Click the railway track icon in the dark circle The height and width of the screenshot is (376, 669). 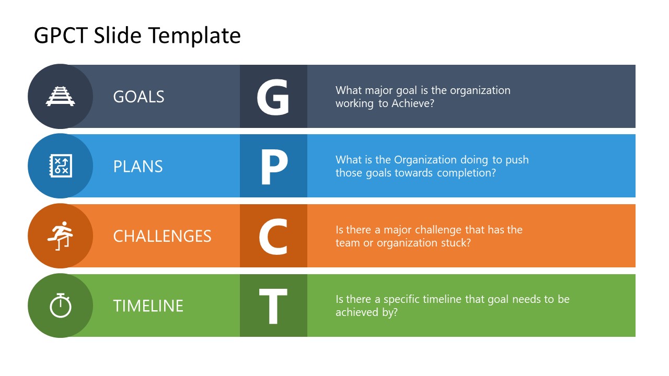(x=61, y=96)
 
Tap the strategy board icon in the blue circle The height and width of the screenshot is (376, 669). (x=61, y=166)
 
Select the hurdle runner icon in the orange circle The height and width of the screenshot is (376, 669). (x=61, y=236)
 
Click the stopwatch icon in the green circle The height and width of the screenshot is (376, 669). (x=61, y=305)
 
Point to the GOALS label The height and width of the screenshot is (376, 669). (x=139, y=97)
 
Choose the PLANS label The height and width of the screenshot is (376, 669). (x=138, y=167)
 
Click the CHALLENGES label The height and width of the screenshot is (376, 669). (x=162, y=236)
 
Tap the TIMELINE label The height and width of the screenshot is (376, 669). (x=148, y=305)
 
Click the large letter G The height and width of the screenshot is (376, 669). (x=273, y=97)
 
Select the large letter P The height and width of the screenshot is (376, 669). (x=274, y=167)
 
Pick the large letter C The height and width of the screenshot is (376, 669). (x=273, y=237)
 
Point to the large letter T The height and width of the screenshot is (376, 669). (x=273, y=306)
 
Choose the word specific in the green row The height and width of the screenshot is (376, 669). (x=402, y=299)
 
